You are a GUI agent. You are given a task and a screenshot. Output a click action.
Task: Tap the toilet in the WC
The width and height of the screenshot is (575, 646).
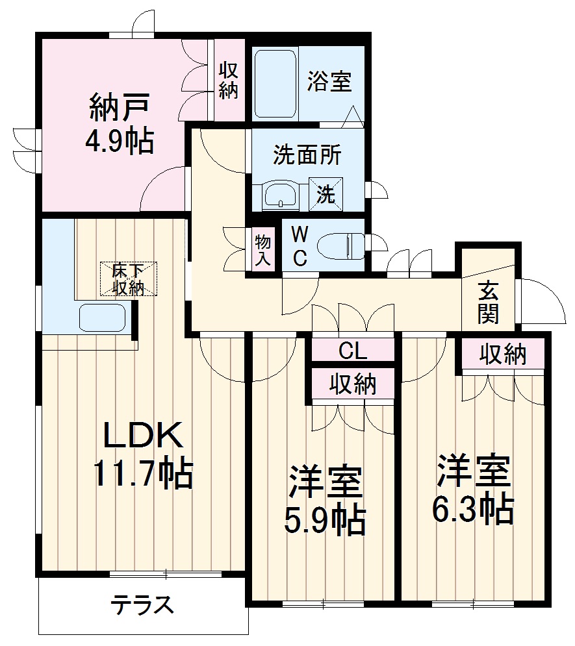(341, 245)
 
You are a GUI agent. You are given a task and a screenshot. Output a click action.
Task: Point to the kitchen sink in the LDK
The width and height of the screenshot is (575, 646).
(101, 318)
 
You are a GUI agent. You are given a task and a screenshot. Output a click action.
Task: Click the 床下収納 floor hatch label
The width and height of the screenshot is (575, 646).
(128, 279)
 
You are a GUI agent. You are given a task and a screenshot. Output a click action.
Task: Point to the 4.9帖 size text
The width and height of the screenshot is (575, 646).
(120, 141)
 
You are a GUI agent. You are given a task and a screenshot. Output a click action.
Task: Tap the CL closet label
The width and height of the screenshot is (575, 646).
(353, 351)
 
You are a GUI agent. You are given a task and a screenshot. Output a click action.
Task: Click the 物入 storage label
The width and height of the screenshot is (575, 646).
(262, 251)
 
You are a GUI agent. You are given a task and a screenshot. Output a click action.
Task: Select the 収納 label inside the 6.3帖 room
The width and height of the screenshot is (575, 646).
(503, 354)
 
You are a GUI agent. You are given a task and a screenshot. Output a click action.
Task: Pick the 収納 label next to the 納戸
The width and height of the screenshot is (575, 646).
(228, 81)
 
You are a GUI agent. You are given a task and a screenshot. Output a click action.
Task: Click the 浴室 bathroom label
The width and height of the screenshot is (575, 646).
(329, 82)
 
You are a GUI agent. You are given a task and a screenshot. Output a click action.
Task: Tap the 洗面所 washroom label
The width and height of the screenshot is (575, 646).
(307, 156)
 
